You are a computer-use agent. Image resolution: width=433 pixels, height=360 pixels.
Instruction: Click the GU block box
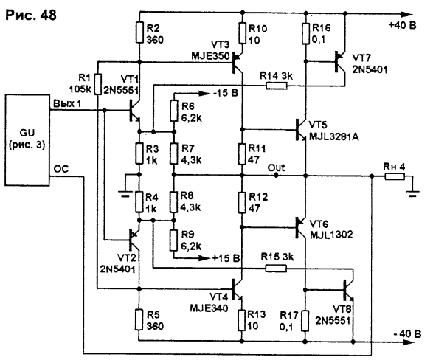[x=27, y=140]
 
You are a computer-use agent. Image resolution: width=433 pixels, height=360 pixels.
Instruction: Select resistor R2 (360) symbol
[x=139, y=32]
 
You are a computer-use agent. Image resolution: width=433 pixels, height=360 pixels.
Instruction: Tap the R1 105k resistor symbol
[x=98, y=84]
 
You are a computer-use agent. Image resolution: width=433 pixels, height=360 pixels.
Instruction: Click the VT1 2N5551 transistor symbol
[x=134, y=111]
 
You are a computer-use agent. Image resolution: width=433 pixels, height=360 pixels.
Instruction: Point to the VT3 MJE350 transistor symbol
[x=237, y=61]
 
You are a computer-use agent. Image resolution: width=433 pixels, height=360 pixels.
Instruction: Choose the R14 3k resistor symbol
[x=277, y=86]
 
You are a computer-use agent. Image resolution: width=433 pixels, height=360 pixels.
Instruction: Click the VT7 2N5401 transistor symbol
[x=340, y=62]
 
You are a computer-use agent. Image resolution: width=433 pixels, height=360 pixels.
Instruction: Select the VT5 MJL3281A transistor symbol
[x=301, y=130]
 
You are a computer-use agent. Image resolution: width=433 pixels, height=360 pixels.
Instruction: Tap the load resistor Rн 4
[x=395, y=176]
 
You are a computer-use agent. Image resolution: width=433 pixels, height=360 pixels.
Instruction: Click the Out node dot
[x=276, y=176]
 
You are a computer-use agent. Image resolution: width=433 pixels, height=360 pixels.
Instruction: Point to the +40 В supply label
[x=402, y=25]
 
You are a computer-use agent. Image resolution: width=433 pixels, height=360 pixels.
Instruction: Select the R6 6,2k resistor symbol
[x=173, y=111]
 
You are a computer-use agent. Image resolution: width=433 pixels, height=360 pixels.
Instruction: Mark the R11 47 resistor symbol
[x=242, y=153]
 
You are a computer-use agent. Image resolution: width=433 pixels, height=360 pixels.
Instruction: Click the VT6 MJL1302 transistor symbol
[x=301, y=227]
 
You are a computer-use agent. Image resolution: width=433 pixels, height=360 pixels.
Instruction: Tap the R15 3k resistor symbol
[x=276, y=268]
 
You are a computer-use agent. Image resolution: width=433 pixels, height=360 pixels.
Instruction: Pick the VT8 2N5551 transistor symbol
[x=348, y=290]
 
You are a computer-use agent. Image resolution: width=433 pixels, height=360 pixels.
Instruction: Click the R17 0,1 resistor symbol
[x=305, y=320]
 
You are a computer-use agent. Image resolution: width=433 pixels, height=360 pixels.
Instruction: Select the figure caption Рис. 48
[x=31, y=15]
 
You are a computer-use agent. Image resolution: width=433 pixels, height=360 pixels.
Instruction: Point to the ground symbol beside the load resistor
[x=413, y=193]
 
